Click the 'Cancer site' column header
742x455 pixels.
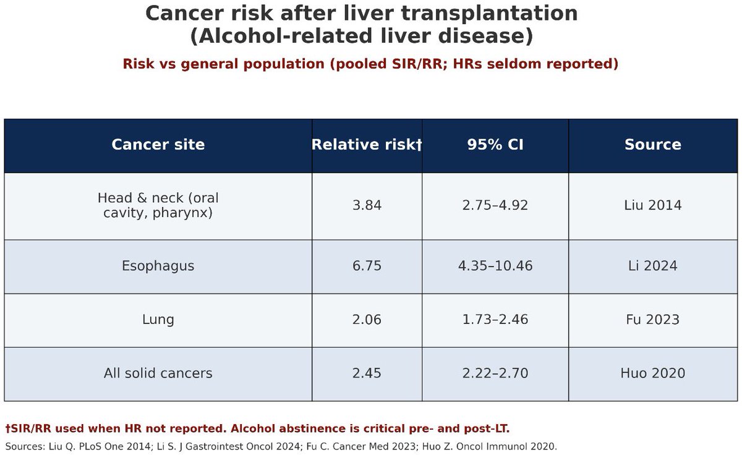click(x=158, y=145)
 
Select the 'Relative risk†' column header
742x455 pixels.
click(x=367, y=145)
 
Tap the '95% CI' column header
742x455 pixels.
click(x=495, y=145)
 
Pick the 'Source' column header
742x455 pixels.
click(x=652, y=145)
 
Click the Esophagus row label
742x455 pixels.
click(x=158, y=266)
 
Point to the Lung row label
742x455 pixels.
click(x=158, y=320)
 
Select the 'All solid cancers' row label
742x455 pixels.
click(x=158, y=373)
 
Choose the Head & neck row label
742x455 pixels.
click(x=158, y=205)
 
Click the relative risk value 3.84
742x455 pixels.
click(x=367, y=205)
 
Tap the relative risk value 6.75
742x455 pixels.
click(x=367, y=266)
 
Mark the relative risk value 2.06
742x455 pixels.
click(x=367, y=320)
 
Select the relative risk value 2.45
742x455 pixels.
click(x=367, y=373)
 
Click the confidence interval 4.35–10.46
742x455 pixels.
click(x=495, y=266)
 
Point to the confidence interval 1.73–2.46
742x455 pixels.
click(x=495, y=320)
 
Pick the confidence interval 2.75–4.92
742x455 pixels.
click(x=495, y=205)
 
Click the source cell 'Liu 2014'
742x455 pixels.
click(x=652, y=205)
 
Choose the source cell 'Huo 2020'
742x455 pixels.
click(x=652, y=373)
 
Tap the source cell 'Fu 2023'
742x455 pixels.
click(x=652, y=320)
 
